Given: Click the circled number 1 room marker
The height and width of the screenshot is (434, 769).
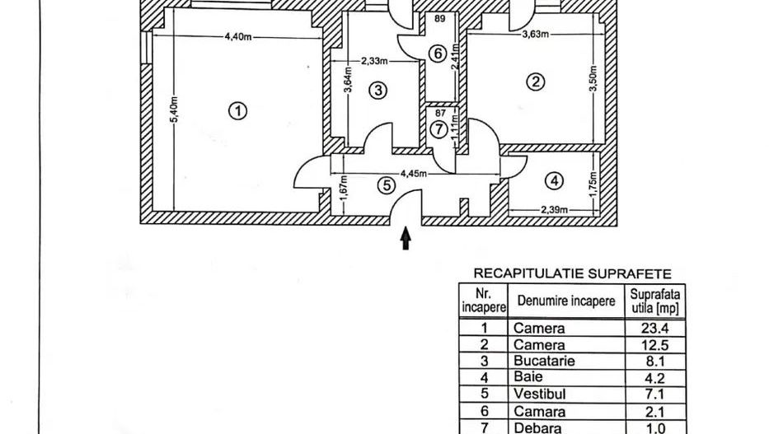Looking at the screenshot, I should point(237,111).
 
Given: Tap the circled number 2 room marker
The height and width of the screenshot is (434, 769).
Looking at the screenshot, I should point(537,82).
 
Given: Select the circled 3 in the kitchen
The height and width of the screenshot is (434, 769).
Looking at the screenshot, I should point(377,91).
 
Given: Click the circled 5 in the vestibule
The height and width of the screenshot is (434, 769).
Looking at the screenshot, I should point(385,185).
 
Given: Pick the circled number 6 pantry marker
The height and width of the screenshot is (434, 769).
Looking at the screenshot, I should point(438,54).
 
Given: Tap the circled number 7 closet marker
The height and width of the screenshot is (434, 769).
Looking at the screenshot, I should point(438,129).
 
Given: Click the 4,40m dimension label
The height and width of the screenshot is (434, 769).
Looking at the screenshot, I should point(238,35).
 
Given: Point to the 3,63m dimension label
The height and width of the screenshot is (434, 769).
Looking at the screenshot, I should point(537,35).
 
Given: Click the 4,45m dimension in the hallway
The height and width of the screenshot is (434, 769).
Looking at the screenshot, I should point(414,174).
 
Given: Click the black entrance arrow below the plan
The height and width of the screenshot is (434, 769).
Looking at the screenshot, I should point(405,238).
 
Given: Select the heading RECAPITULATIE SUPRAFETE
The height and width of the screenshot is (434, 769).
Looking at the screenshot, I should point(571,273).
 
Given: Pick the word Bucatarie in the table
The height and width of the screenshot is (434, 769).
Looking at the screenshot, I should point(543,361).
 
